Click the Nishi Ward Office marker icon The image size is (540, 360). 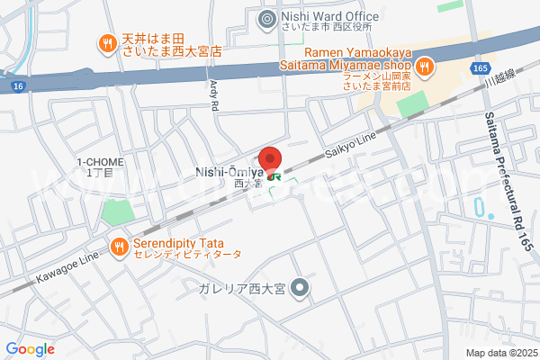(267, 18)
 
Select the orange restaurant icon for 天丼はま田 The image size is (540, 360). (107, 40)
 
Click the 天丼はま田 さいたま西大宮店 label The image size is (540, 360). (171, 46)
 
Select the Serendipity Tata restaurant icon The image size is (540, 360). (119, 244)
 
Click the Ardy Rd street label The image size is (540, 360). (214, 94)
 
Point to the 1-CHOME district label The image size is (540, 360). (100, 166)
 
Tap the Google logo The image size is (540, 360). (31, 349)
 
